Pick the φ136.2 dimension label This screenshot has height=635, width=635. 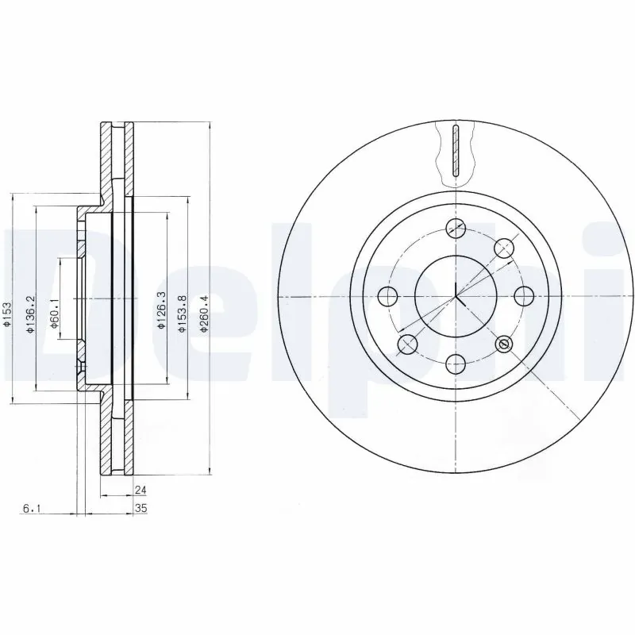point(30,314)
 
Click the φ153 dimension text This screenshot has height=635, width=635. point(7,314)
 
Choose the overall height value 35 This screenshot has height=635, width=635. point(141,508)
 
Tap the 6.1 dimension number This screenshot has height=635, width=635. point(30,508)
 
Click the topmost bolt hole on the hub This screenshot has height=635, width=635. point(455,227)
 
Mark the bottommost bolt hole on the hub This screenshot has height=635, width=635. point(455,364)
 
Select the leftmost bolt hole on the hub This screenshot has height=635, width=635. point(387,297)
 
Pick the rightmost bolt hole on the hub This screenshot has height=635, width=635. point(523,296)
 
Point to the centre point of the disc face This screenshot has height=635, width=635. point(455,296)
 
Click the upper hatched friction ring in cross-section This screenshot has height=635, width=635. point(106,159)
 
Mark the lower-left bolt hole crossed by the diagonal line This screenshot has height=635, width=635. point(406,344)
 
